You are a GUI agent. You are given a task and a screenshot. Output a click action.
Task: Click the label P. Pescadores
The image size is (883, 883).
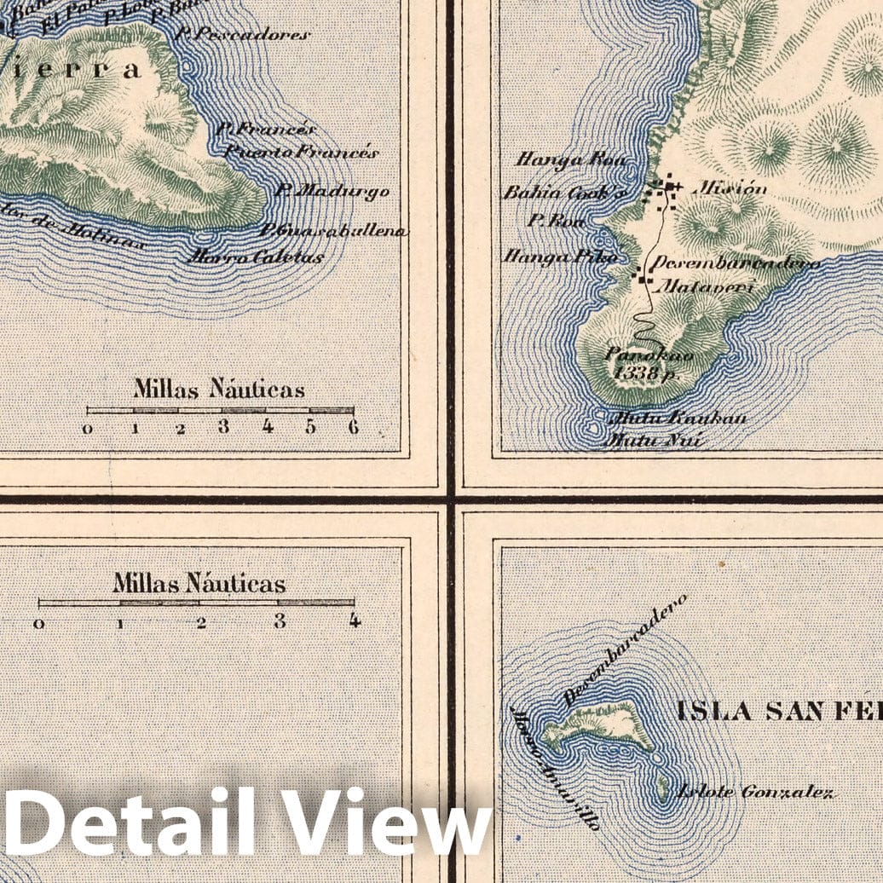pos(242,35)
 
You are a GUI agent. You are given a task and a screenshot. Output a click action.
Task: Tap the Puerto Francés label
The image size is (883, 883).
pos(301,153)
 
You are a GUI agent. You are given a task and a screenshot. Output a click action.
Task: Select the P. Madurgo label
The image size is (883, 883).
pos(332,191)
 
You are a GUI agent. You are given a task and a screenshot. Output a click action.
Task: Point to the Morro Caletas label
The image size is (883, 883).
pos(256,257)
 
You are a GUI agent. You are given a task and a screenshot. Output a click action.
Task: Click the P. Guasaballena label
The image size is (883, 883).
pos(333,231)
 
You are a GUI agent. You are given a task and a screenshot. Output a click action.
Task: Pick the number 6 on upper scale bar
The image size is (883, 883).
pos(353,427)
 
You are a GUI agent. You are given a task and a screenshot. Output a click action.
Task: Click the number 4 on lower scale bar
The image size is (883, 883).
pos(354,620)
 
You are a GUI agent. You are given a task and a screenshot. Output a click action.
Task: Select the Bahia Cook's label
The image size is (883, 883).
pos(565,193)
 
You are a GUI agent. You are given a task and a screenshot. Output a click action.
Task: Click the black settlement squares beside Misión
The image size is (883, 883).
pos(665,191)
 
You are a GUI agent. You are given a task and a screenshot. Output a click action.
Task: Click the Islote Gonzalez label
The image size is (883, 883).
pos(754,793)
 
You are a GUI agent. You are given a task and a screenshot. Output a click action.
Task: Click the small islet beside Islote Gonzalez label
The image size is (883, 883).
pos(663,788)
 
